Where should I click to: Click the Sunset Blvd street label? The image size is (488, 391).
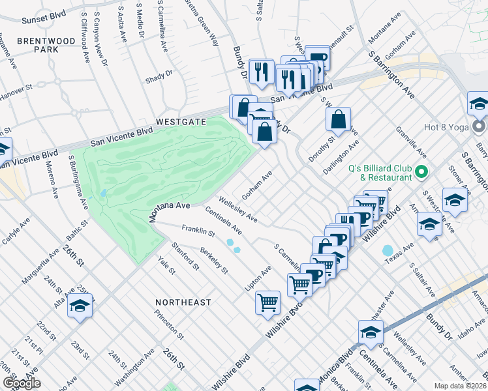click(44, 20)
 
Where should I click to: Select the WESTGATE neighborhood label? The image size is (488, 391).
click(181, 122)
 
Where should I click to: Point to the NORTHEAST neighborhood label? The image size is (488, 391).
click(183, 302)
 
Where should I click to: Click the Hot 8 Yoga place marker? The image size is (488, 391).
click(480, 126)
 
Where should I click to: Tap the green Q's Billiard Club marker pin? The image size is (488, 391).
click(421, 172)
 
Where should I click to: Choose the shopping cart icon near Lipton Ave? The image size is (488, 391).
click(268, 302)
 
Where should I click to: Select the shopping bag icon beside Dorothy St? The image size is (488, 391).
click(339, 119)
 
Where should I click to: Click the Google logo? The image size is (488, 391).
click(21, 383)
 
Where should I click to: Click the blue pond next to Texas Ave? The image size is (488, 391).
click(388, 250)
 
